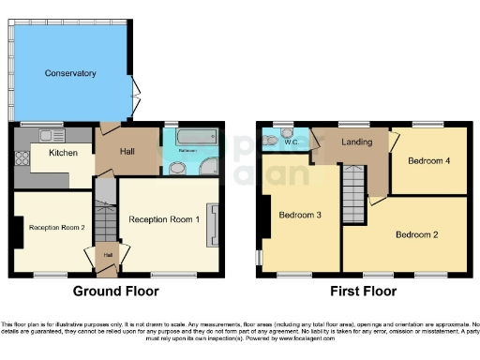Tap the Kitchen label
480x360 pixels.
click(x=63, y=152)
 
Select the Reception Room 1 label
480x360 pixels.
click(x=164, y=218)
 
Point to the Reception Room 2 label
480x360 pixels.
click(x=56, y=227)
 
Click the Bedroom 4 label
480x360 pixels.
click(x=428, y=160)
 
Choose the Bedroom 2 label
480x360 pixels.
click(x=416, y=233)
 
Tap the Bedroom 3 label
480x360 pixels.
click(x=300, y=215)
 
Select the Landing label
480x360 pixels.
click(x=357, y=142)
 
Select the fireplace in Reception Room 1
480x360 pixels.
click(x=214, y=225)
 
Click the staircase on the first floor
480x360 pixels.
click(x=352, y=192)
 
